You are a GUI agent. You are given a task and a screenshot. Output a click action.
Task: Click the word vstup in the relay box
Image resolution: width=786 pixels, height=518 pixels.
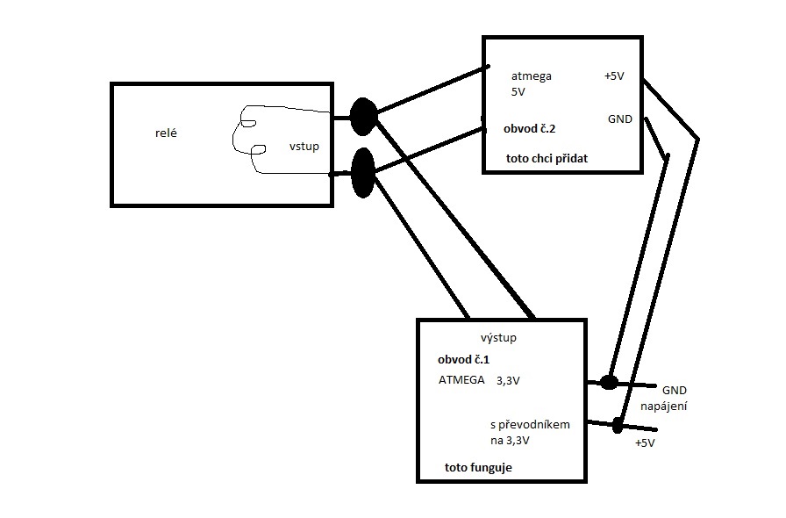click(304, 147)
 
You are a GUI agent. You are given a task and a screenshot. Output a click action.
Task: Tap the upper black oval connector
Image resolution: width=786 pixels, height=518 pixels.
click(362, 116)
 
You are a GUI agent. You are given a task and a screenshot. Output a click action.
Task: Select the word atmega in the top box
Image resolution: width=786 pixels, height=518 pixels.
click(532, 76)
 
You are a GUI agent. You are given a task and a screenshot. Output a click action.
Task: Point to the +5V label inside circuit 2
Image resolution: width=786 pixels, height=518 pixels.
click(614, 76)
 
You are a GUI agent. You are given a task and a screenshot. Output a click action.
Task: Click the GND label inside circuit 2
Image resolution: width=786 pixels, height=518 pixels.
click(618, 119)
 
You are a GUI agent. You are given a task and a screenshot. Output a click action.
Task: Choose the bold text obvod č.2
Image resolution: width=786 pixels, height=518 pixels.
click(529, 128)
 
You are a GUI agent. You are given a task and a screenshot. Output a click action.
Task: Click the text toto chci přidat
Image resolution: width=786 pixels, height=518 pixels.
click(547, 159)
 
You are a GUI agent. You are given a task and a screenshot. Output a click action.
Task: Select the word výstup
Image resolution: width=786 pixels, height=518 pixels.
click(498, 338)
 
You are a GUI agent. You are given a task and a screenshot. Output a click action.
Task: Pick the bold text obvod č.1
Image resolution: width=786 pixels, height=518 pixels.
click(463, 360)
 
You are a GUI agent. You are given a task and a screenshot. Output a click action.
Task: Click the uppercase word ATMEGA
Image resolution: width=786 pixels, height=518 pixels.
click(461, 381)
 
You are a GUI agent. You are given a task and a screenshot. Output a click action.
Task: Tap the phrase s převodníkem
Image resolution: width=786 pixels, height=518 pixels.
click(531, 424)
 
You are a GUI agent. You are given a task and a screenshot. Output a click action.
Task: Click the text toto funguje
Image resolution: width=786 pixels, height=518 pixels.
click(478, 468)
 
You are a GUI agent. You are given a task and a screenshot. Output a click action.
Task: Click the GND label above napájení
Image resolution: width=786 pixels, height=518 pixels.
click(675, 390)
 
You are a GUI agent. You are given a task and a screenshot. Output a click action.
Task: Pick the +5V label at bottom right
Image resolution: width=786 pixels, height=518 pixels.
click(645, 443)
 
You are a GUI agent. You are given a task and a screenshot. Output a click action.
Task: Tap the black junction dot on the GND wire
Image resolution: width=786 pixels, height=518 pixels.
click(608, 382)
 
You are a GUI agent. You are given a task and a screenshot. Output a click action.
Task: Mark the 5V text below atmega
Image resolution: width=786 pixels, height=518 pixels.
click(519, 91)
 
